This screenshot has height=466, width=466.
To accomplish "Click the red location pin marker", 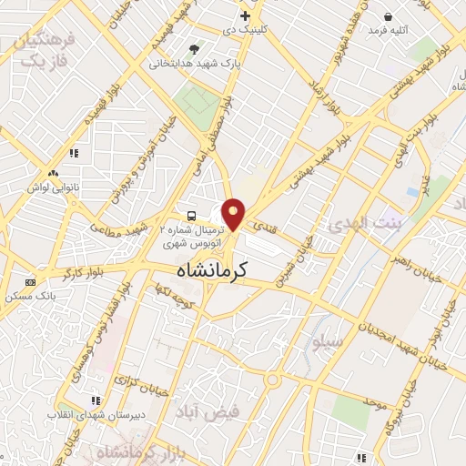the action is [x=234, y=214].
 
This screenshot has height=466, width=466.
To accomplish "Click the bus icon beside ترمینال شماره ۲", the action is [x=191, y=216].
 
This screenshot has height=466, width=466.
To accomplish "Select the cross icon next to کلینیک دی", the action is [x=245, y=15].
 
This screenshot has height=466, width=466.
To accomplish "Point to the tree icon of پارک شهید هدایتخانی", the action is [x=194, y=49].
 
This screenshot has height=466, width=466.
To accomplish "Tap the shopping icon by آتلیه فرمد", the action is [x=389, y=16].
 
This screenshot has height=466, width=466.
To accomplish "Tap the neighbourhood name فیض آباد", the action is [x=208, y=410].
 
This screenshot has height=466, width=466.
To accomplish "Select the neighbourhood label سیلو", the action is [x=327, y=343].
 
